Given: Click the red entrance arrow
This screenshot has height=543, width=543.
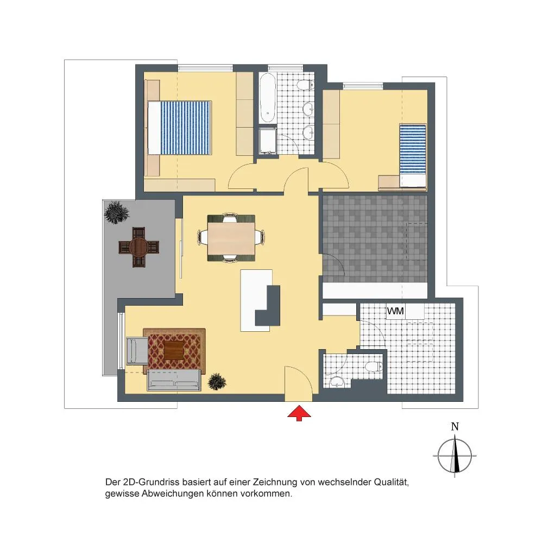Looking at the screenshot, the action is click(299, 414).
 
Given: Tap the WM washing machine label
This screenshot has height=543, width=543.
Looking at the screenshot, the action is click(395, 311).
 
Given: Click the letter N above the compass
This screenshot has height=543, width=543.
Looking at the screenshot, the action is click(454, 427).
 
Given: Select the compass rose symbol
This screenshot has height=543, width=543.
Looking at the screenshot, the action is click(454, 456).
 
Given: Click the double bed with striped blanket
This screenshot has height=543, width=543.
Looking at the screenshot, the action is click(179, 128).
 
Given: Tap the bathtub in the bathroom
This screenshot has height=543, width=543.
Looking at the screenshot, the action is click(268, 98).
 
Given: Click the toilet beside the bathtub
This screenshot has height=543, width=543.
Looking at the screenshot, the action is click(306, 85).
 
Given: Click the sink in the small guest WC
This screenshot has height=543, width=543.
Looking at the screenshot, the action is click(336, 382).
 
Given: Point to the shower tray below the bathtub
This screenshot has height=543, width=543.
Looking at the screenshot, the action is click(268, 141).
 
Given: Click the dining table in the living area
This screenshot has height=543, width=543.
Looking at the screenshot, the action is click(231, 238).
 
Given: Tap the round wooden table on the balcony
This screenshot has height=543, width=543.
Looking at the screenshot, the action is click(138, 247).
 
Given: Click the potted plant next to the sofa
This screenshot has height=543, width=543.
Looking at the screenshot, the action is click(217, 382).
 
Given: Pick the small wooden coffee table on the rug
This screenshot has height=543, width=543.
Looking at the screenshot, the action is click(174, 350).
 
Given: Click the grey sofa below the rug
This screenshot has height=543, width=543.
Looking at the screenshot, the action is click(174, 380).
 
